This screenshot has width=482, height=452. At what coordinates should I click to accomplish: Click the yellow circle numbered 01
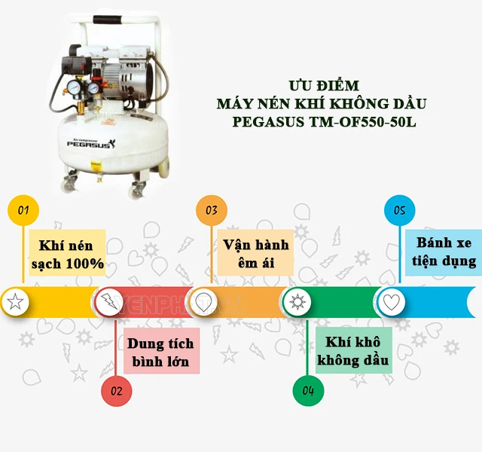(x=23, y=210)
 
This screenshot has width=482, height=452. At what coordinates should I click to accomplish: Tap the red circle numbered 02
(x=117, y=390)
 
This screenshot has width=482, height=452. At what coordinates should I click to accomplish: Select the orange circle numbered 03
(x=212, y=210)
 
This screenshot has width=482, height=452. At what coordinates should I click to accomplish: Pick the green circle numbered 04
(x=308, y=390)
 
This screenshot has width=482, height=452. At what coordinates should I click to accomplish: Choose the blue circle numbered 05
(x=400, y=210)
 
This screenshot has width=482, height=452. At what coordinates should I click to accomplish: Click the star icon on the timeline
(x=14, y=302)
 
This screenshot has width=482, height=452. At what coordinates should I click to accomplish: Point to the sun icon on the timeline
(x=297, y=302)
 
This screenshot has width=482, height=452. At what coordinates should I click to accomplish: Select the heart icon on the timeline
(x=390, y=302)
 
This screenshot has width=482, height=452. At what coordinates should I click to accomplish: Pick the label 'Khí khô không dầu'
(x=354, y=352)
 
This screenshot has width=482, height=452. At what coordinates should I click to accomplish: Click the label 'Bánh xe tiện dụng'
(x=446, y=252)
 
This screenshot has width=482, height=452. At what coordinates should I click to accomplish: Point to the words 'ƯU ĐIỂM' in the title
(x=325, y=85)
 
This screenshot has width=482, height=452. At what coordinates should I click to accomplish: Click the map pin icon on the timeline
(x=202, y=302)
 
